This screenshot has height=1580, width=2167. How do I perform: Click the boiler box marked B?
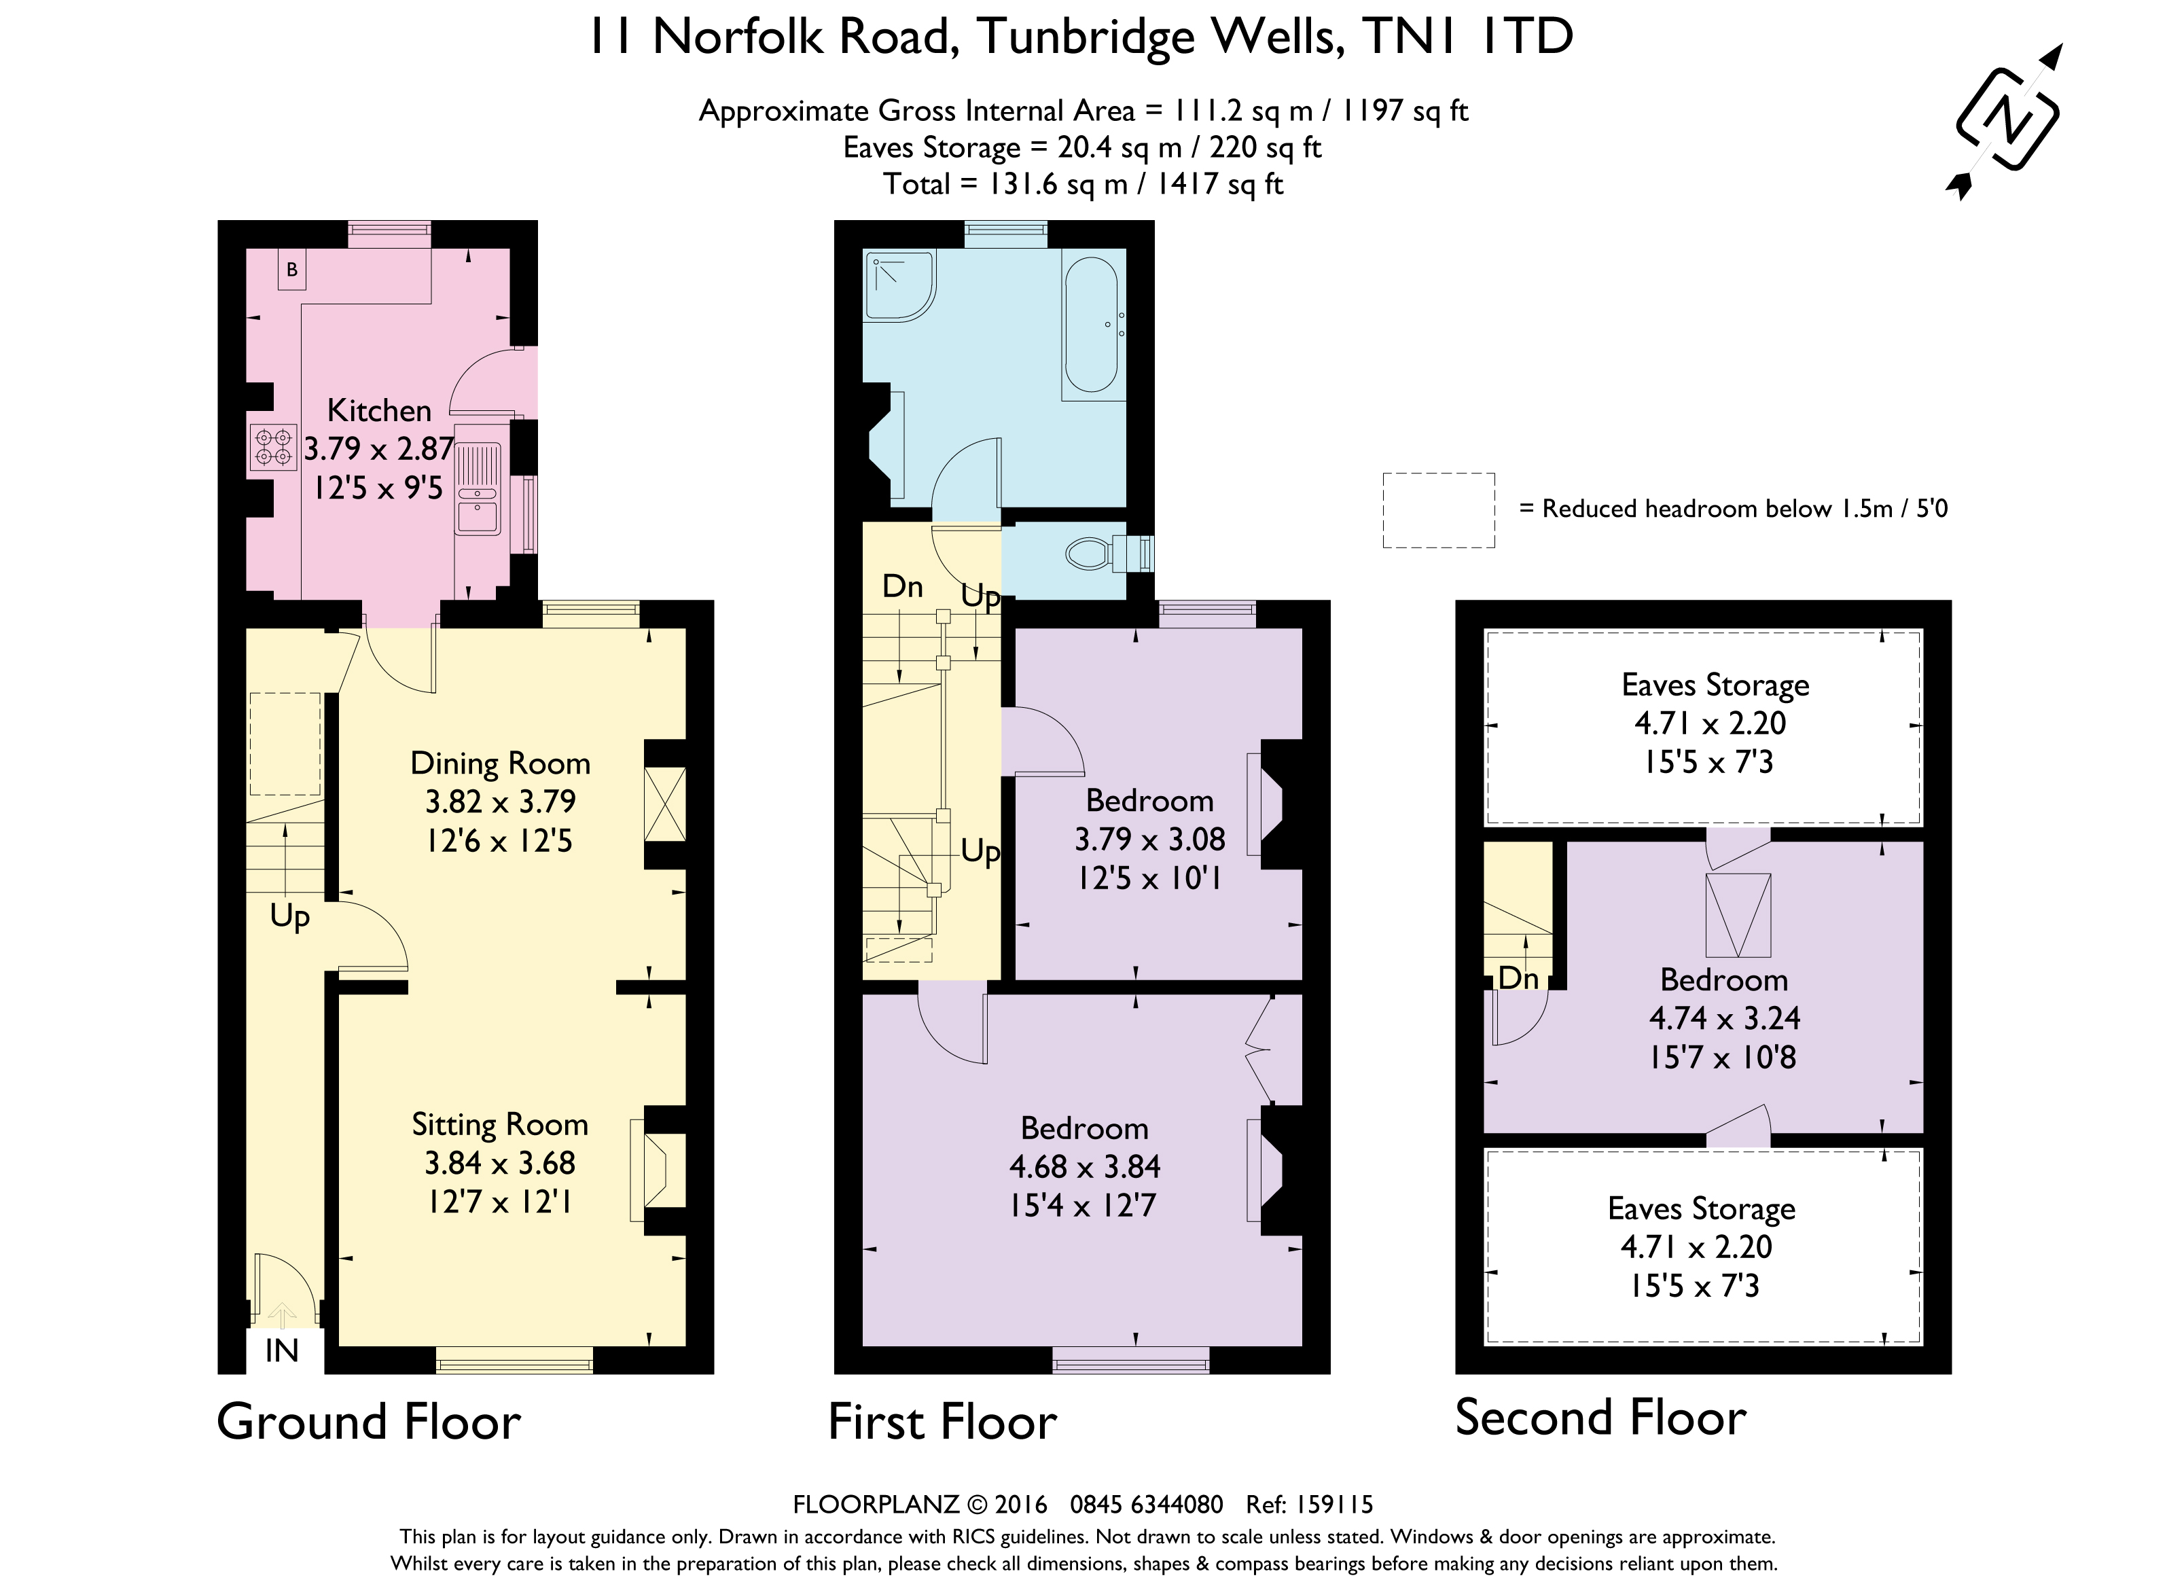[x=291, y=270]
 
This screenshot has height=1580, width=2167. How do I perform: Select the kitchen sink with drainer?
[x=477, y=488]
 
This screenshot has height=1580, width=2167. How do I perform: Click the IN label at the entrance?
[x=282, y=1351]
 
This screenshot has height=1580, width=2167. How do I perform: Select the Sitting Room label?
[x=499, y=1125]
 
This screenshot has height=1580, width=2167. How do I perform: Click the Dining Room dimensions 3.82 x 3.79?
[x=500, y=802]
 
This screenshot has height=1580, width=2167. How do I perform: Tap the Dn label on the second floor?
[x=1518, y=977]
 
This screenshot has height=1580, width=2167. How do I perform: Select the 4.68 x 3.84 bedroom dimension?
[x=1084, y=1167]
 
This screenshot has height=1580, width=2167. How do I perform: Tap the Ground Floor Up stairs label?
[x=290, y=916]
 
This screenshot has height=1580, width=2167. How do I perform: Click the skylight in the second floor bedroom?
[x=1738, y=915]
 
